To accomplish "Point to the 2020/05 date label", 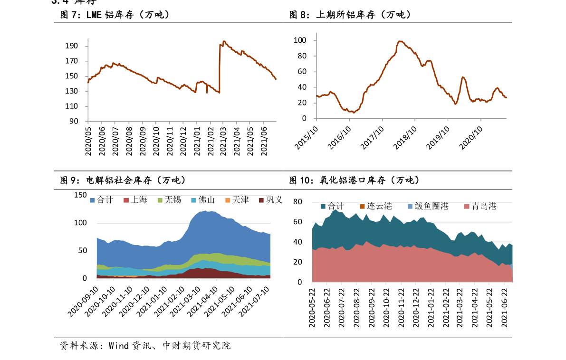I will click(x=88, y=142).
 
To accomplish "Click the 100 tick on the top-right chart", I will click(x=300, y=40).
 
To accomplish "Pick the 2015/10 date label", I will click(x=307, y=138).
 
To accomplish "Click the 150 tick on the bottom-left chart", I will click(x=80, y=195).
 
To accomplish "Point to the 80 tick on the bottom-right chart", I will click(x=298, y=202).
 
